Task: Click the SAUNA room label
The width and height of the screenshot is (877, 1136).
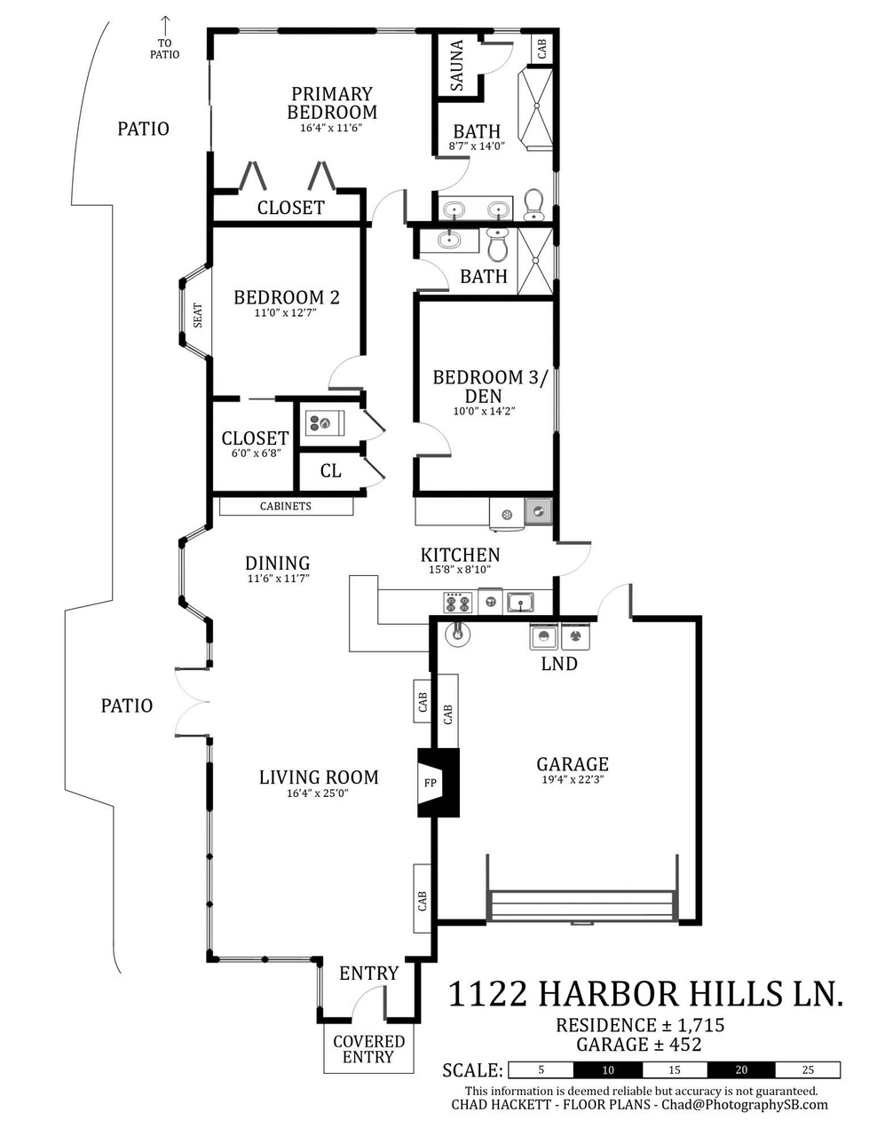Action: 456,66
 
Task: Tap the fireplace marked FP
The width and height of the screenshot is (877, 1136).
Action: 438,783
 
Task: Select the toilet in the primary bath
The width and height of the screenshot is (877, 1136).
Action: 533,204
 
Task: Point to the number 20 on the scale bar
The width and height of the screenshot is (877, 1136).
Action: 741,1070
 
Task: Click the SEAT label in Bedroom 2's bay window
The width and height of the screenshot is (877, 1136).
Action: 198,316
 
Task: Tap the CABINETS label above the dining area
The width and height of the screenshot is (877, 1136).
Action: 285,506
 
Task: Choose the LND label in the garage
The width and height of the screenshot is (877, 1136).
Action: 559,664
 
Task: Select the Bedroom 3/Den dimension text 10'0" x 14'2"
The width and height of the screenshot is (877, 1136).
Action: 484,411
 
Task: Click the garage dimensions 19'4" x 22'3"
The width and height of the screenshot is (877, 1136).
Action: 573,779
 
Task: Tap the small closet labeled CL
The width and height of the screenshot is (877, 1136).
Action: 331,471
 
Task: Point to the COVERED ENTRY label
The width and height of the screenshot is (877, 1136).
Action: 369,1049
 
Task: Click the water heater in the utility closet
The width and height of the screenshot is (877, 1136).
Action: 325,422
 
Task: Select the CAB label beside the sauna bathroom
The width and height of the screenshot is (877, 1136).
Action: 541,49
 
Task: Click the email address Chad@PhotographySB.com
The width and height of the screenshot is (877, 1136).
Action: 745,1104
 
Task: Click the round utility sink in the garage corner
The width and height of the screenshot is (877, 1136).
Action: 458,633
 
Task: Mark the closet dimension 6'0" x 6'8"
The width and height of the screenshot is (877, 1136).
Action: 257,454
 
